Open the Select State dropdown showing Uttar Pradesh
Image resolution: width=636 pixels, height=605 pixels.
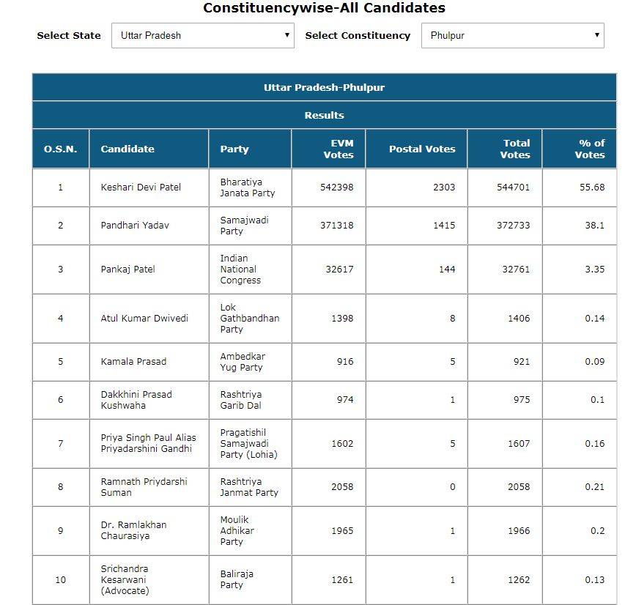(202, 35)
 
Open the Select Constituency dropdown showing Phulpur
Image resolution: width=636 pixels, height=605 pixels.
(512, 35)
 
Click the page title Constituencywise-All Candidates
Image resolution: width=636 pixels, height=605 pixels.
(324, 9)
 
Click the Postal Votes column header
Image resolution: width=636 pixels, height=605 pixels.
(422, 149)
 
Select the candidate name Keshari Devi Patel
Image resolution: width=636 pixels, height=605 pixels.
(141, 187)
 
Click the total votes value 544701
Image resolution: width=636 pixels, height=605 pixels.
(513, 187)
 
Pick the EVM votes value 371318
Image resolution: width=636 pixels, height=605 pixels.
(336, 225)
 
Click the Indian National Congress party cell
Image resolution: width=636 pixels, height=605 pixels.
(240, 269)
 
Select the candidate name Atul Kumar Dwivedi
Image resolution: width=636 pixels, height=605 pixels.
(144, 318)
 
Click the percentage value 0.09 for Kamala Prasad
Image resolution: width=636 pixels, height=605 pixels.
(594, 361)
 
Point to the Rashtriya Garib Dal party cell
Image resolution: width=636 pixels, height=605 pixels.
(241, 399)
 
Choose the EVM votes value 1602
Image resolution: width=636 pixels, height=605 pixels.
(342, 443)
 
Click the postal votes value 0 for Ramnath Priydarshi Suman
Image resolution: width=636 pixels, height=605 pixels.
(452, 486)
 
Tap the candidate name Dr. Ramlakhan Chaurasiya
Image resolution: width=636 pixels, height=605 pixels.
(133, 530)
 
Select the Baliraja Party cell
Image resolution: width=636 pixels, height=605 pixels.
(237, 579)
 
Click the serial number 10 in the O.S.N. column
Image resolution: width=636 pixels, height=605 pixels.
(61, 579)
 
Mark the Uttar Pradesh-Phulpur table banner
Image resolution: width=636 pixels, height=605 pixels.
(324, 87)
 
